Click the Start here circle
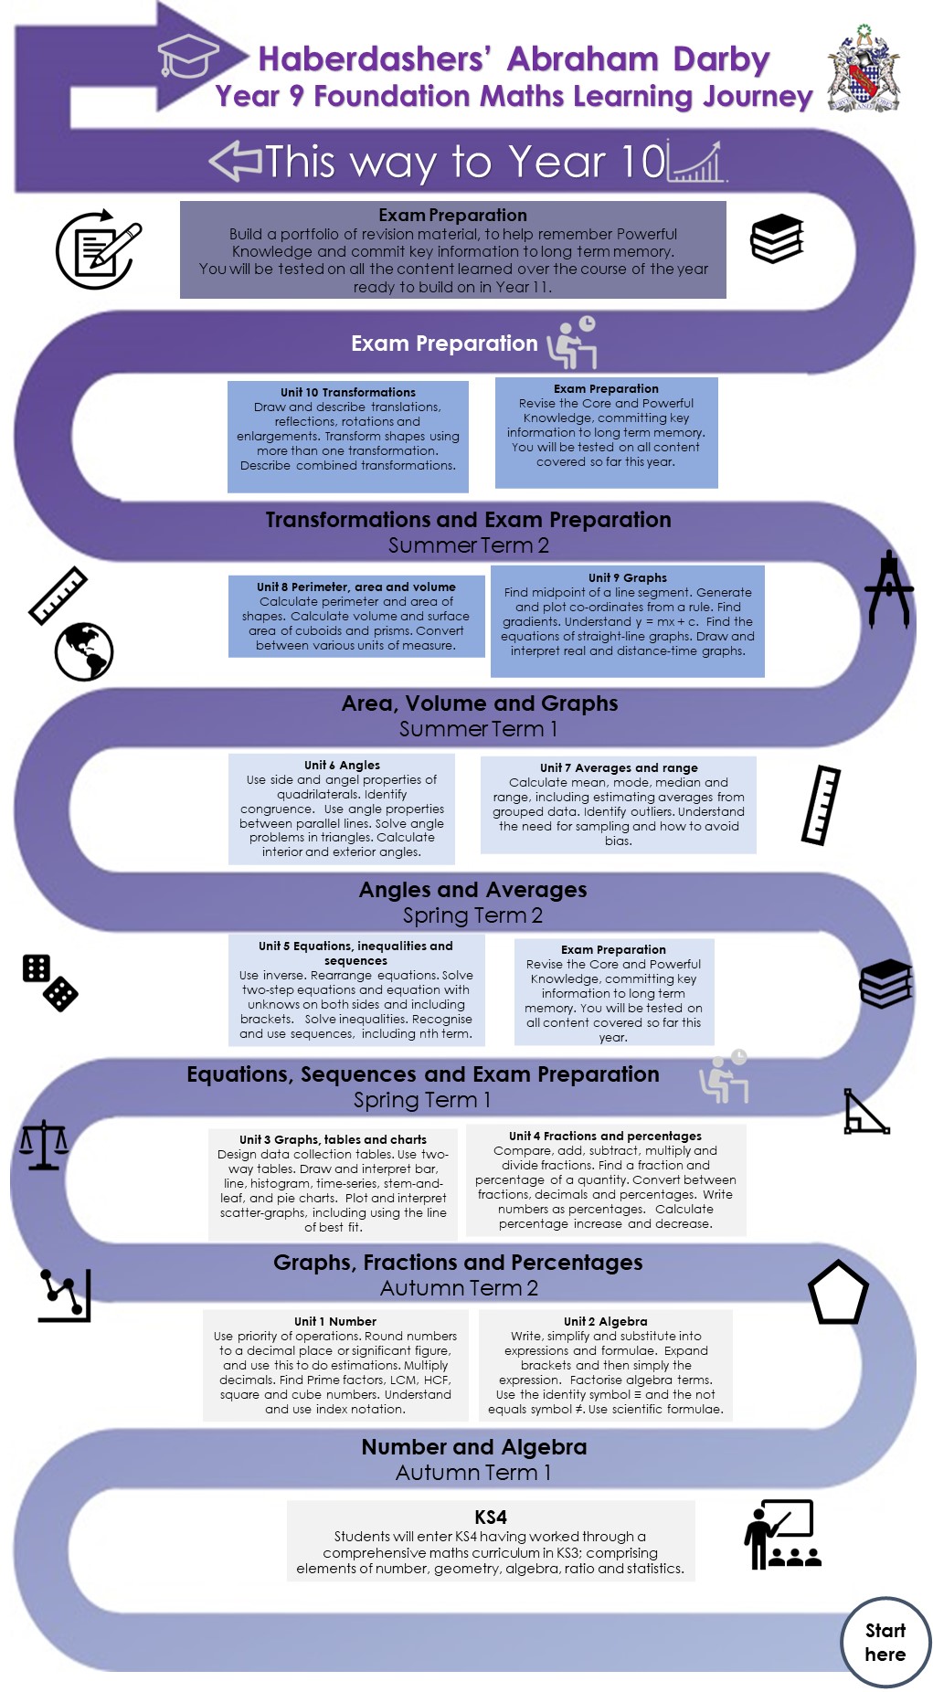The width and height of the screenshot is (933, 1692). (x=885, y=1642)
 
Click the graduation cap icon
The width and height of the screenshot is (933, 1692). (x=187, y=57)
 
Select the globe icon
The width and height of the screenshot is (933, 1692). (x=84, y=651)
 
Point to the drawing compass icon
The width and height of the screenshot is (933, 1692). (x=888, y=589)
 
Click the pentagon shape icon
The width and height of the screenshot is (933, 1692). (x=838, y=1293)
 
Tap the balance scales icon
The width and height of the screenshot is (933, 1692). (x=44, y=1145)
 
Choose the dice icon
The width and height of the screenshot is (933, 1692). (x=49, y=982)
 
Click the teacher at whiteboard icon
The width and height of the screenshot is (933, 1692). (x=783, y=1534)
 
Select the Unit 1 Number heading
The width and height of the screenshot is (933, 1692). (x=335, y=1321)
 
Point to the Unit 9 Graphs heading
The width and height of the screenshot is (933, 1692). (x=627, y=577)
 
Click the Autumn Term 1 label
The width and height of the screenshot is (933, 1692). (x=472, y=1473)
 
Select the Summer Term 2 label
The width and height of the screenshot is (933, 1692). (x=468, y=545)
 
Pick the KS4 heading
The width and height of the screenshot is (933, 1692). (x=491, y=1517)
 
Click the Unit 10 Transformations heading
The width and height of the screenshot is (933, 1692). (x=347, y=392)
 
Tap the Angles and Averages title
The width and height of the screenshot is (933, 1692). (x=472, y=889)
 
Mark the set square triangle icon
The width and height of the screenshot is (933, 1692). (x=864, y=1112)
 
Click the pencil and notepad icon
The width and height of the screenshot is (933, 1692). (x=98, y=250)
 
